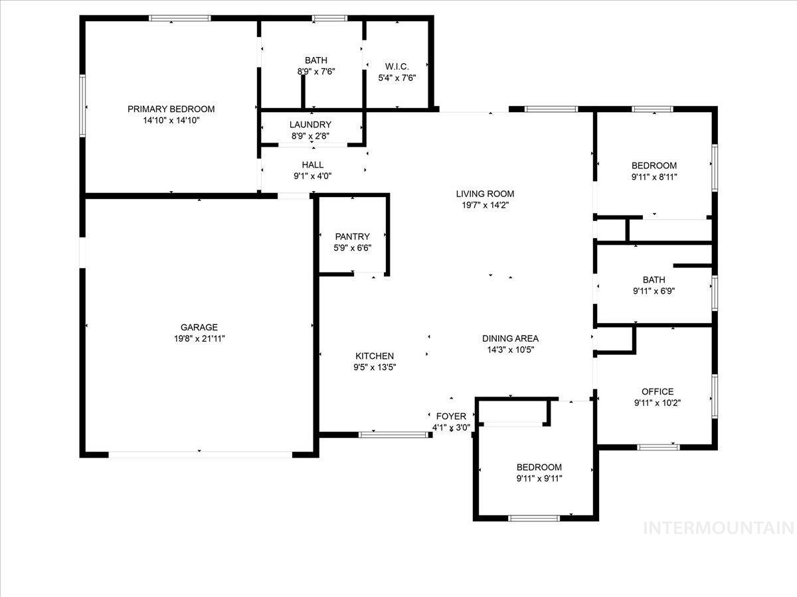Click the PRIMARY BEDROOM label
click(171, 109)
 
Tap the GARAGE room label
click(199, 327)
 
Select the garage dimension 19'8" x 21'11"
click(199, 339)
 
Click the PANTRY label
click(352, 236)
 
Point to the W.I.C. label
click(397, 66)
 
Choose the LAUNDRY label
click(310, 125)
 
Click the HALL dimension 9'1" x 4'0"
click(312, 176)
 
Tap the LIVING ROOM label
click(485, 194)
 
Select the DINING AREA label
click(510, 338)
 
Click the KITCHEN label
click(375, 356)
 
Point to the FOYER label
click(451, 417)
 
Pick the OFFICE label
click(658, 391)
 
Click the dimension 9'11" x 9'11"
click(539, 479)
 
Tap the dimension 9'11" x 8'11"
click(654, 177)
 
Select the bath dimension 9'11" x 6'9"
click(654, 291)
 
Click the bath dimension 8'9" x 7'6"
click(316, 72)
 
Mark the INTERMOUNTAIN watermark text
click(719, 528)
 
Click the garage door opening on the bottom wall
click(200, 454)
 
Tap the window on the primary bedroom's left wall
click(83, 105)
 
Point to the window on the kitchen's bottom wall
click(395, 435)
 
